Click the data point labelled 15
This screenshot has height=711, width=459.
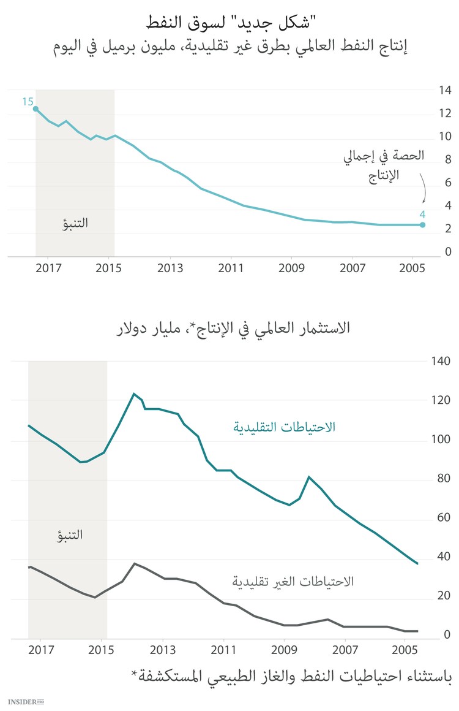35,109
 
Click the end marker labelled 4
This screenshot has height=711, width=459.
422,225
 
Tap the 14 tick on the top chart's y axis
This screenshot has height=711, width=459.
444,91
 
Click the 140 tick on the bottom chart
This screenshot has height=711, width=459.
441,362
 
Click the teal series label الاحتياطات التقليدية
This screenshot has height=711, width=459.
284,427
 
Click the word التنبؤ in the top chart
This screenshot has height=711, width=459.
75,223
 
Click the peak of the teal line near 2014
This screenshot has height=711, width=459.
133,394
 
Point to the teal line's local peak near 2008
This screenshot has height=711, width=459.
309,477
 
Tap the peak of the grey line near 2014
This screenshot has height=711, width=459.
135,563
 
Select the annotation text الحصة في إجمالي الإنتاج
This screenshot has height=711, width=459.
384,166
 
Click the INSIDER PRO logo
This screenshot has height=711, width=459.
27,701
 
